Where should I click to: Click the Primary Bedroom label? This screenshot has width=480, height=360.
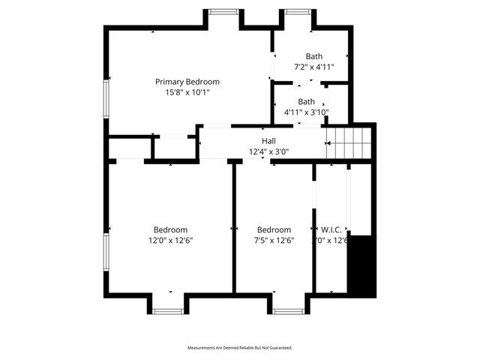tap(187, 82)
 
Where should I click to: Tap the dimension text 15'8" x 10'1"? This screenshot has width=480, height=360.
tap(187, 93)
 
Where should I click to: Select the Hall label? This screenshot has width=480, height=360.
tap(268, 141)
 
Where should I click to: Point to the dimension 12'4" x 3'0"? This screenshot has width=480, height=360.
tap(268, 151)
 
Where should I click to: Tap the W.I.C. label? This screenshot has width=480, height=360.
tap(331, 230)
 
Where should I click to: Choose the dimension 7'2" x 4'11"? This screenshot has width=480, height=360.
tap(313, 67)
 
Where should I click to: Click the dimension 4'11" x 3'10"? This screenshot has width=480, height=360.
tap(306, 112)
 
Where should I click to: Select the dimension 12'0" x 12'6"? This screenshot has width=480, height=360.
tap(170, 241)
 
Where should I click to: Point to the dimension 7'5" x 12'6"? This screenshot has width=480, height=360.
tap(274, 241)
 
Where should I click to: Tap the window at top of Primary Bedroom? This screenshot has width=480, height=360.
tap(223, 11)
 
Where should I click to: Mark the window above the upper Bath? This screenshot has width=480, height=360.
tap(297, 11)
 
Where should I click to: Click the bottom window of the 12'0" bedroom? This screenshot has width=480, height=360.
tap(168, 310)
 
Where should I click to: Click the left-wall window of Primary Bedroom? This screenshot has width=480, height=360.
tap(107, 101)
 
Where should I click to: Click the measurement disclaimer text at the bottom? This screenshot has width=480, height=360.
tap(239, 348)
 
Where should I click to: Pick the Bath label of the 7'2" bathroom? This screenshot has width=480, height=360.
tap(313, 57)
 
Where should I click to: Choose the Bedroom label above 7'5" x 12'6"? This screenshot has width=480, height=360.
tap(274, 230)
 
